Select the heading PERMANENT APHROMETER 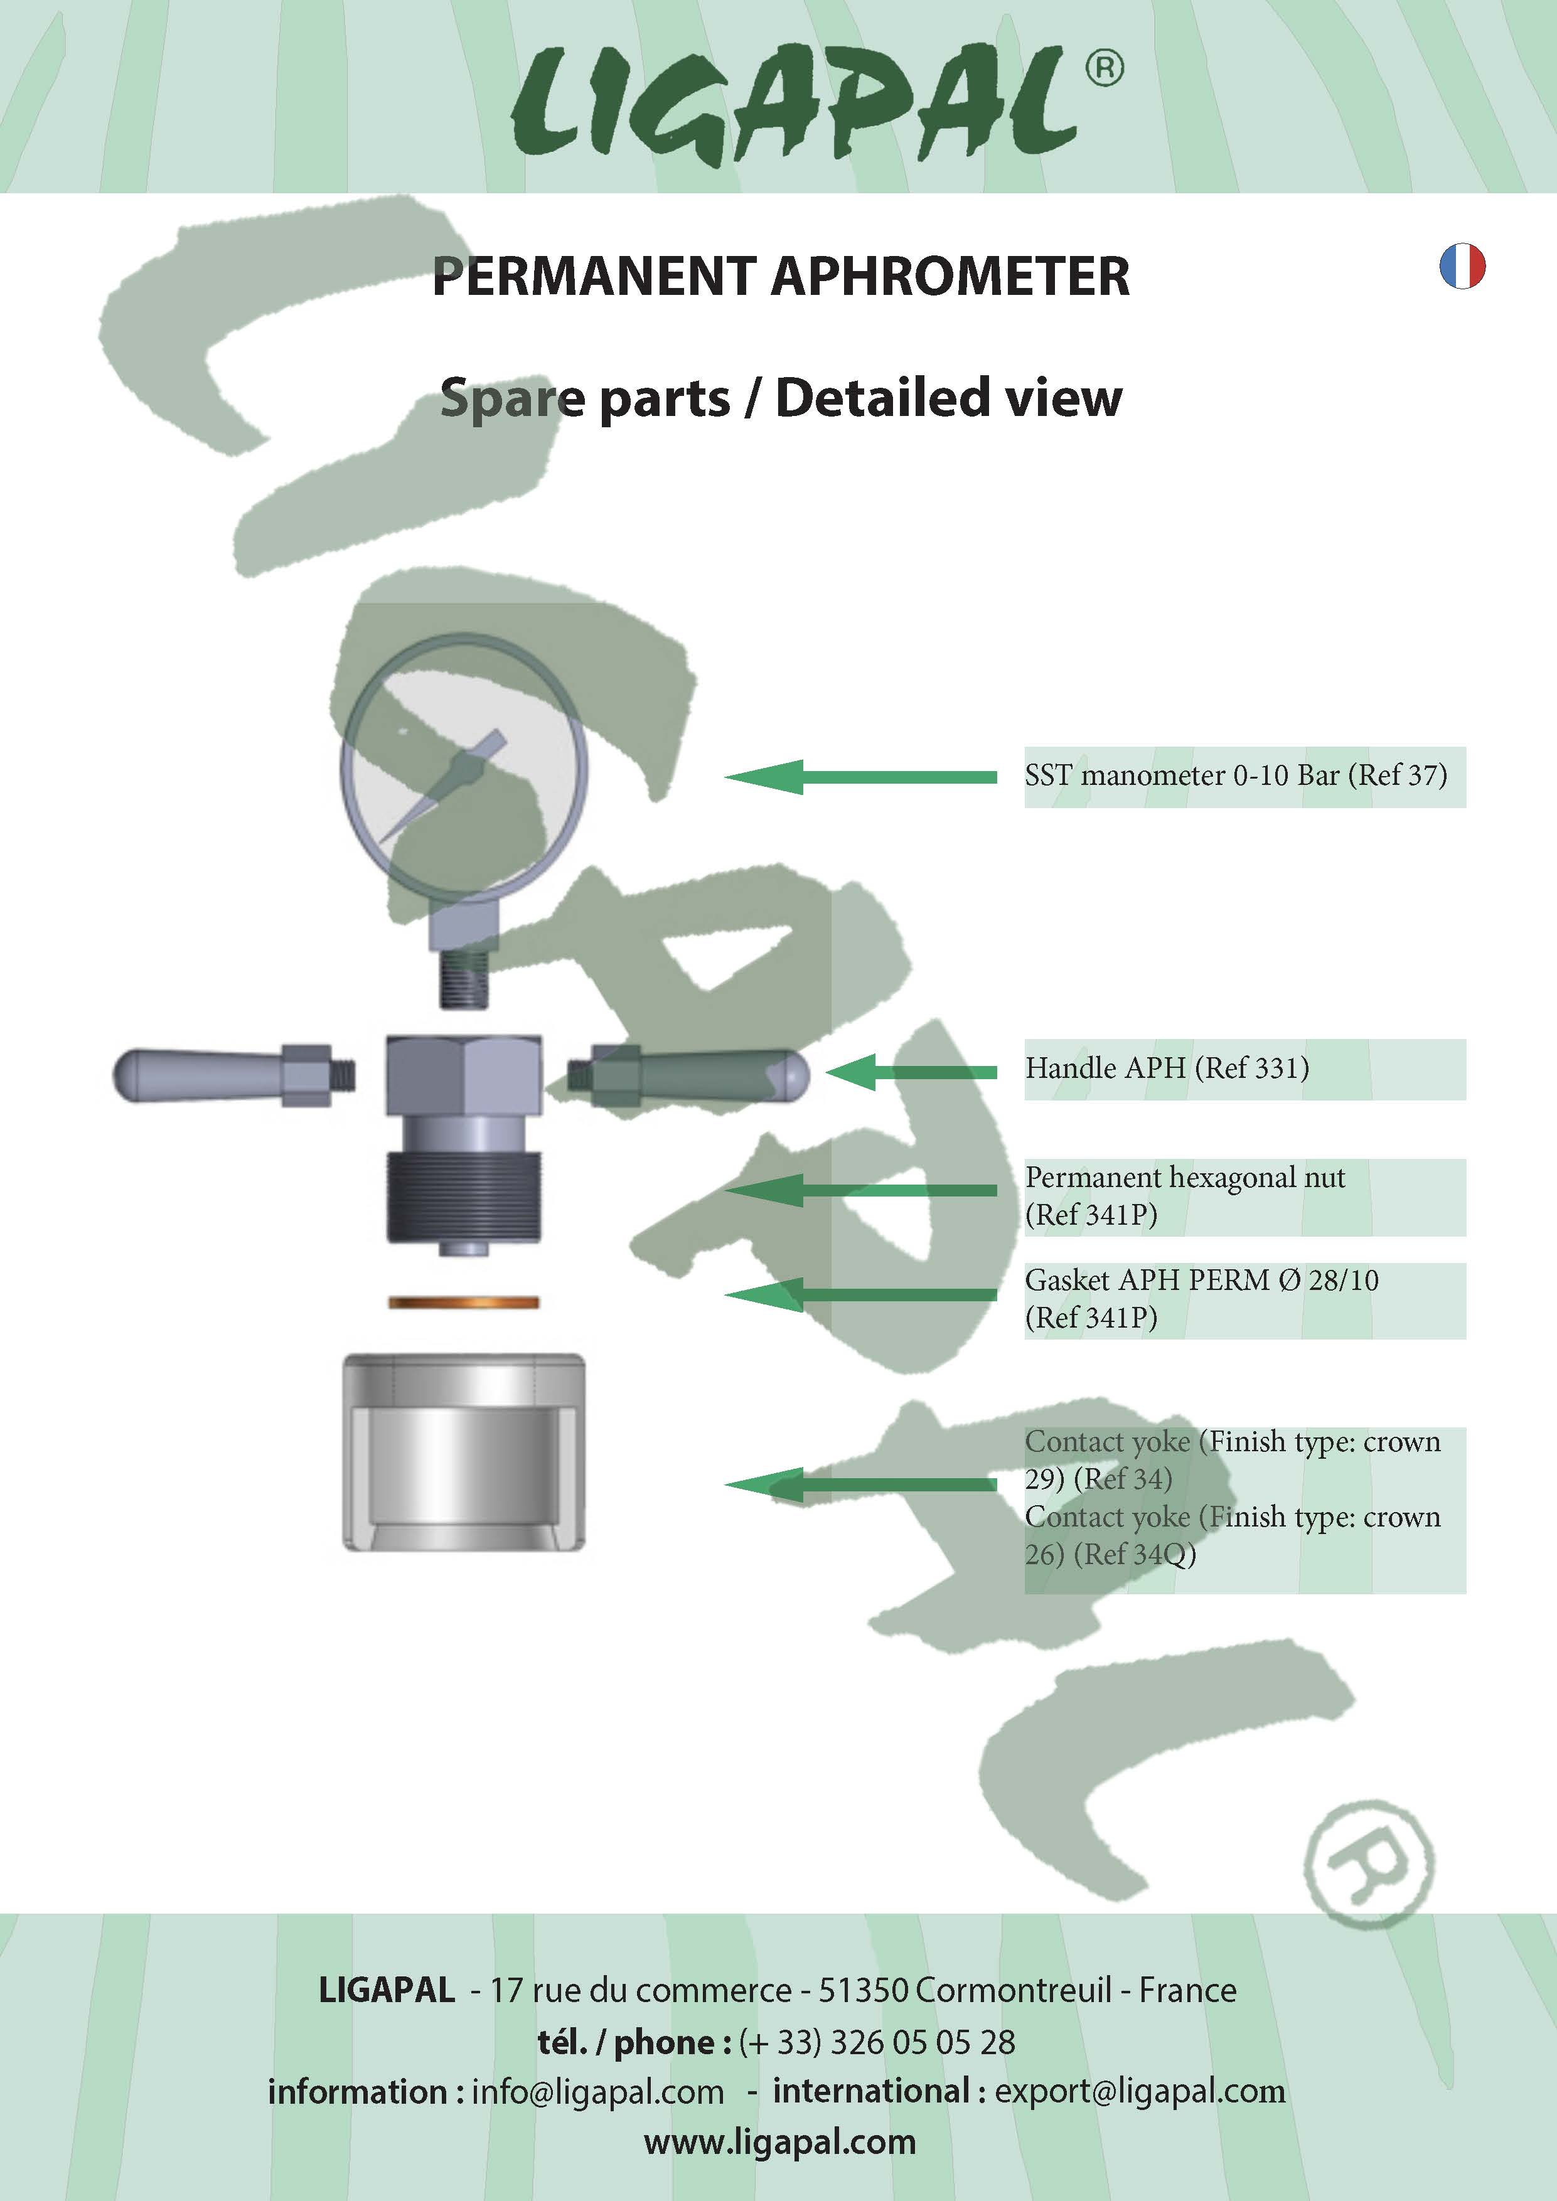[x=781, y=276]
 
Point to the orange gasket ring [x=463, y=1302]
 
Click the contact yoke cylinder [x=463, y=1452]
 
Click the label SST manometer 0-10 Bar [x=1235, y=775]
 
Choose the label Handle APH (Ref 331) [x=1167, y=1068]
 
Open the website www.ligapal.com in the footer [x=779, y=2141]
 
